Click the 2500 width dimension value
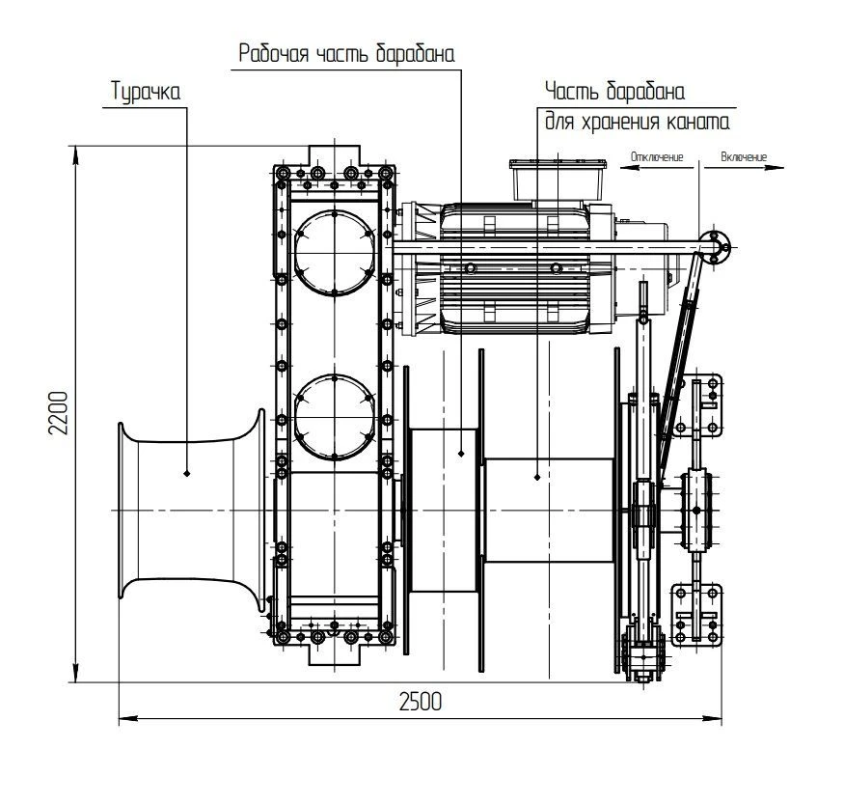tap(420, 703)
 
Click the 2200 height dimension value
tap(59, 415)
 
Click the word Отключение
tap(657, 156)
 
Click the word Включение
tap(744, 156)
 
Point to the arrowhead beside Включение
tap(775, 167)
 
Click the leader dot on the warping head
tap(187, 473)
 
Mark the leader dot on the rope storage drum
tap(537, 475)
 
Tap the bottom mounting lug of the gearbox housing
tap(334, 655)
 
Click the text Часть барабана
tap(614, 93)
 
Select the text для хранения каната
tap(638, 123)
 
